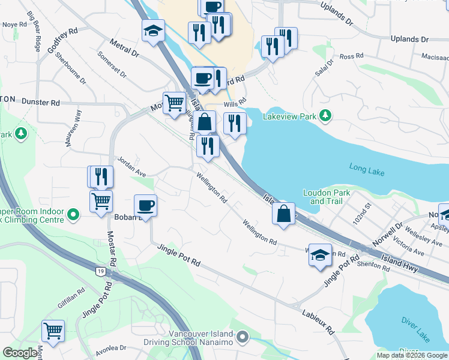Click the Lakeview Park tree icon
[325, 115]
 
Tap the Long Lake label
[367, 172]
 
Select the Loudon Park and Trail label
[326, 197]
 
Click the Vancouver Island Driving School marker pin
[243, 338]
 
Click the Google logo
[20, 353]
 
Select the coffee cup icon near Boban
[145, 206]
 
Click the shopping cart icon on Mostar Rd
[101, 201]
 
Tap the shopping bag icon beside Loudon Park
[283, 214]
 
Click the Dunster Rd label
[41, 103]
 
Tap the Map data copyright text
[411, 355]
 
